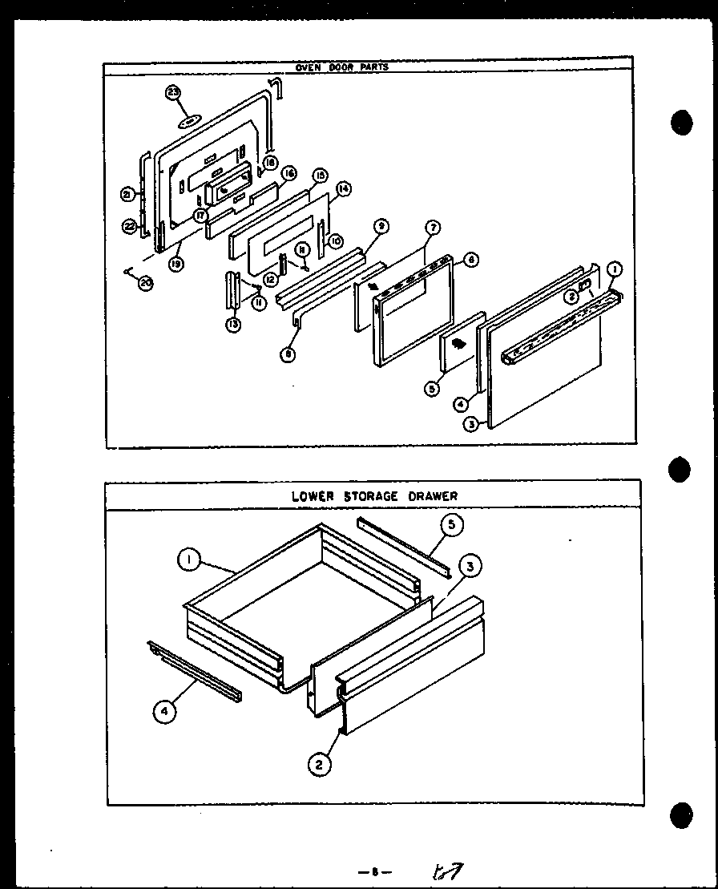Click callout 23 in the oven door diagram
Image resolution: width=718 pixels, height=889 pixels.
coord(172,93)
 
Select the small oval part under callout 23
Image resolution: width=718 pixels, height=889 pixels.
coord(189,122)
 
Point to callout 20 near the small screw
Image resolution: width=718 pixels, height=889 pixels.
coord(145,283)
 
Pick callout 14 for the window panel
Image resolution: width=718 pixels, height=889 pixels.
coord(344,189)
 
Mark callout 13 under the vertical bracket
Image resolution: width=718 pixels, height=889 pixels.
coord(232,325)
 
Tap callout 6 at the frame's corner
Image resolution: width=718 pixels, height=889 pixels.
coord(471,261)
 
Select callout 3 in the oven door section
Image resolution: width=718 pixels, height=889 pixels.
coord(472,424)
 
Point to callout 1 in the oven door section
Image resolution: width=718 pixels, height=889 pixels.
coord(614,269)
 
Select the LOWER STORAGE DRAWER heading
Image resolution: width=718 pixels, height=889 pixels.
coord(374,496)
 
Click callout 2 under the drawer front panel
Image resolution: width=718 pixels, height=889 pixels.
coord(319,765)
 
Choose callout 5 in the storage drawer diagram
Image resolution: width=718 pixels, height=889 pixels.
coord(451,526)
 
